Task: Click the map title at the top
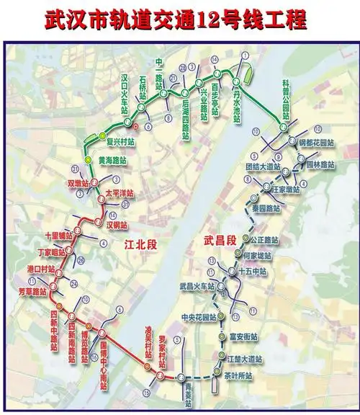[180, 17]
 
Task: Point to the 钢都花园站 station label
[316, 142]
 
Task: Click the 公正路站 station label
[266, 239]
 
